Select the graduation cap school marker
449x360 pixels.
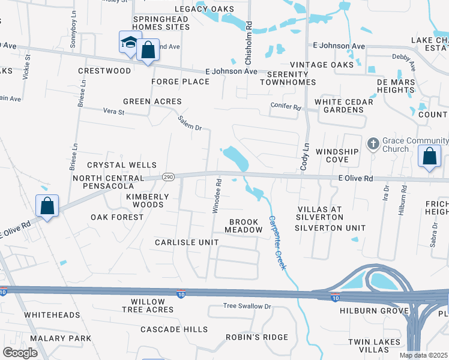click(130, 42)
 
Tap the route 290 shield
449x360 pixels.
click(168, 177)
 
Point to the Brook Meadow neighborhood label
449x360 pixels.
click(244, 226)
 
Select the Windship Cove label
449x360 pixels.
click(341, 156)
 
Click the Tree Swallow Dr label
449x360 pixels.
click(247, 306)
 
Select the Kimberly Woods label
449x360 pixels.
click(145, 200)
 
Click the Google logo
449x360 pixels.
click(20, 353)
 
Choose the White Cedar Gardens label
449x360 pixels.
click(344, 106)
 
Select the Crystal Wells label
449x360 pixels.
click(122, 165)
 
